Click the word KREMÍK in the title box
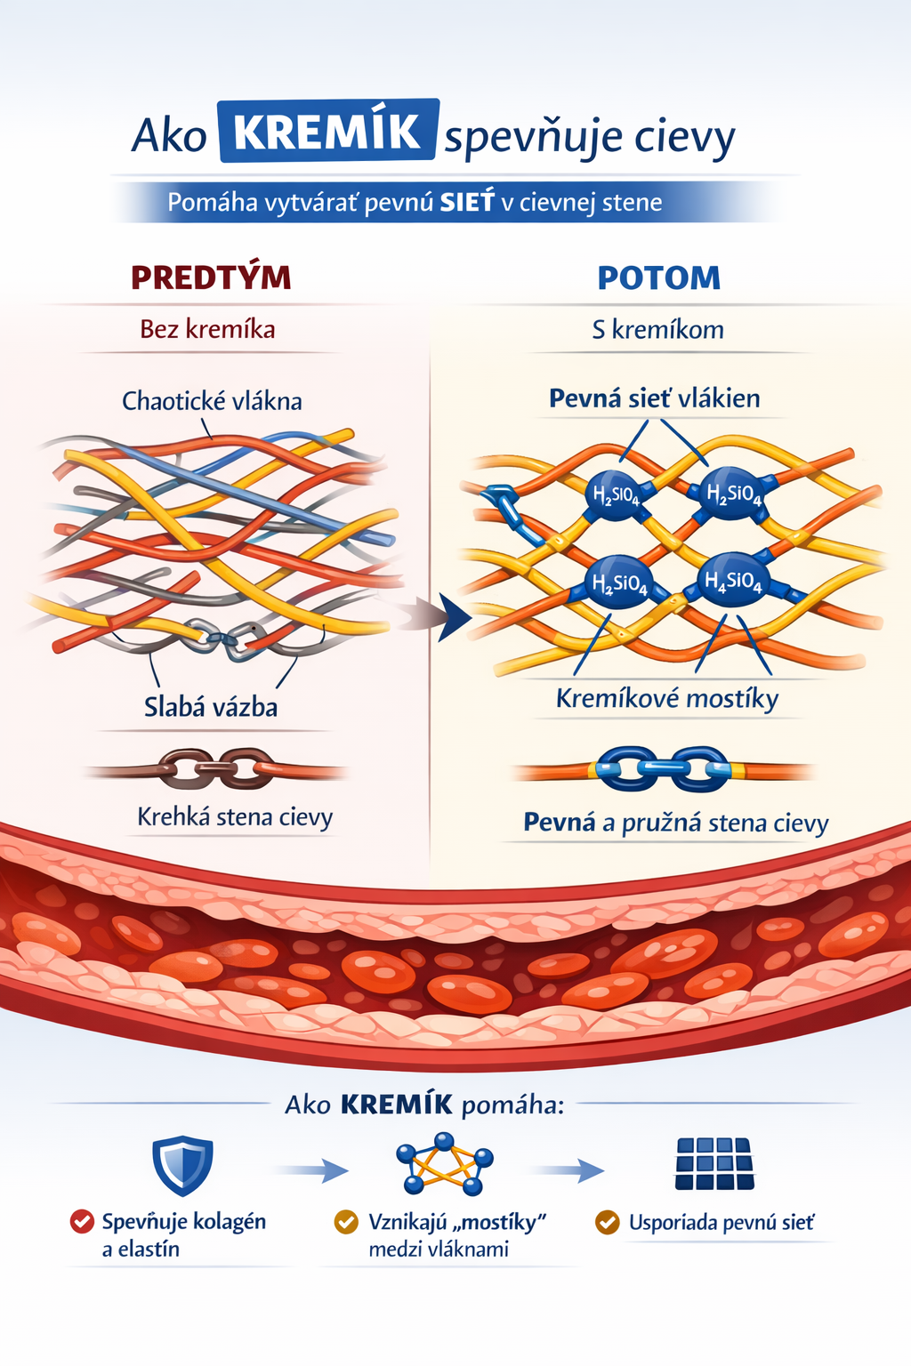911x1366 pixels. coord(327,132)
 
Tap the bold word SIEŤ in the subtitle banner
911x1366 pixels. coord(467,203)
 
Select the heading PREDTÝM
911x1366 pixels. coord(211,277)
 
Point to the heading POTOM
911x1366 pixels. coord(658,278)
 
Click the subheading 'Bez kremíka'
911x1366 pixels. coord(207,330)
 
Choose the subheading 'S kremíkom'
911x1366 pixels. coord(657,330)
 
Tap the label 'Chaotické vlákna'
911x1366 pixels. coord(212,401)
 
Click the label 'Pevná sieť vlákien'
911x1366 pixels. coord(654,398)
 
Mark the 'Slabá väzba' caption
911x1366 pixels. coord(211,707)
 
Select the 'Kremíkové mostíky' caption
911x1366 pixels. coord(667,698)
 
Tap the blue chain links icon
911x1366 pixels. coord(662,768)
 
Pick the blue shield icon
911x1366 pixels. coord(182,1164)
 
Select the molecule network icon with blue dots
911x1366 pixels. coord(444,1164)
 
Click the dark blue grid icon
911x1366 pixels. coord(714,1164)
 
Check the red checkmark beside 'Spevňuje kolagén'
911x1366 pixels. coord(82,1222)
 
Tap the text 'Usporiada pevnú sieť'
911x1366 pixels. coord(721,1223)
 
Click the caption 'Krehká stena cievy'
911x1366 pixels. coord(235,816)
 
